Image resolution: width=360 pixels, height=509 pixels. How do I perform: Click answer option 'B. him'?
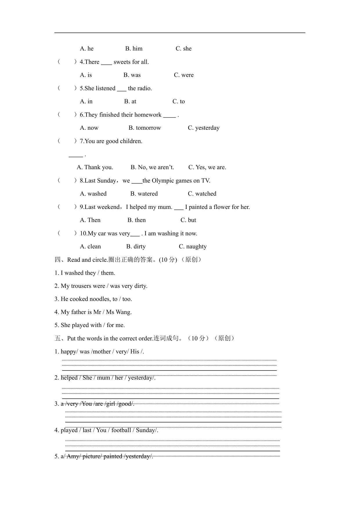[134, 49]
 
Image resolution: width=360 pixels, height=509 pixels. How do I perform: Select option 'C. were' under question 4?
[184, 75]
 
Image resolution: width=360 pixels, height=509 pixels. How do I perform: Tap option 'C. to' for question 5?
[178, 102]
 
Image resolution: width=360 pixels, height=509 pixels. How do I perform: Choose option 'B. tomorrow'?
[144, 128]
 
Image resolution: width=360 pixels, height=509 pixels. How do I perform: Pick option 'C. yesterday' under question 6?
[203, 128]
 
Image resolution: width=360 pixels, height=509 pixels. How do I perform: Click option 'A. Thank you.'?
[95, 167]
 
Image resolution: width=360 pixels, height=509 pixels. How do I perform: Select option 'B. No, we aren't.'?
[152, 167]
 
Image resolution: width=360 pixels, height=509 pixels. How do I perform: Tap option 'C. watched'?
[202, 194]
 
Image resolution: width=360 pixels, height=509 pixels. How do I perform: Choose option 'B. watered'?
[144, 194]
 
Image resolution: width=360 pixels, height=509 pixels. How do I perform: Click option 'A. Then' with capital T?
[90, 220]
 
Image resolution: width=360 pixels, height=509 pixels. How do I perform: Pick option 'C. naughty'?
[193, 247]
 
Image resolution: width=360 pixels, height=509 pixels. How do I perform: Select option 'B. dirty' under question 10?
[136, 247]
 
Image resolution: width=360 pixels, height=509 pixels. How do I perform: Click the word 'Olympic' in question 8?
[163, 181]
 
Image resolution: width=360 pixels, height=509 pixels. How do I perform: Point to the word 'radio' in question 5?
[144, 89]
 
